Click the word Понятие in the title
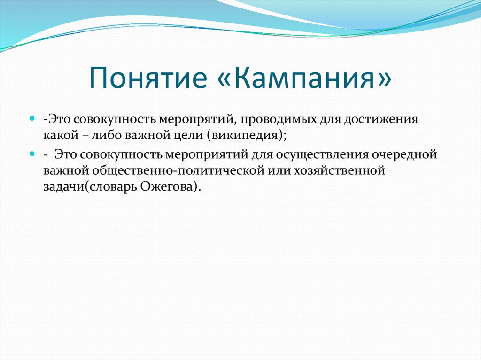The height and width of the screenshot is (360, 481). coord(148,77)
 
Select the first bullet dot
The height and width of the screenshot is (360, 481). coord(32,119)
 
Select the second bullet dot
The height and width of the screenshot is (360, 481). coord(32,153)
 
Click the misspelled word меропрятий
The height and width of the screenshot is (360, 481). coord(197,119)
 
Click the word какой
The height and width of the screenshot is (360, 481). coord(61,135)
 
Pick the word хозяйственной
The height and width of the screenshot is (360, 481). coord(340,170)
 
